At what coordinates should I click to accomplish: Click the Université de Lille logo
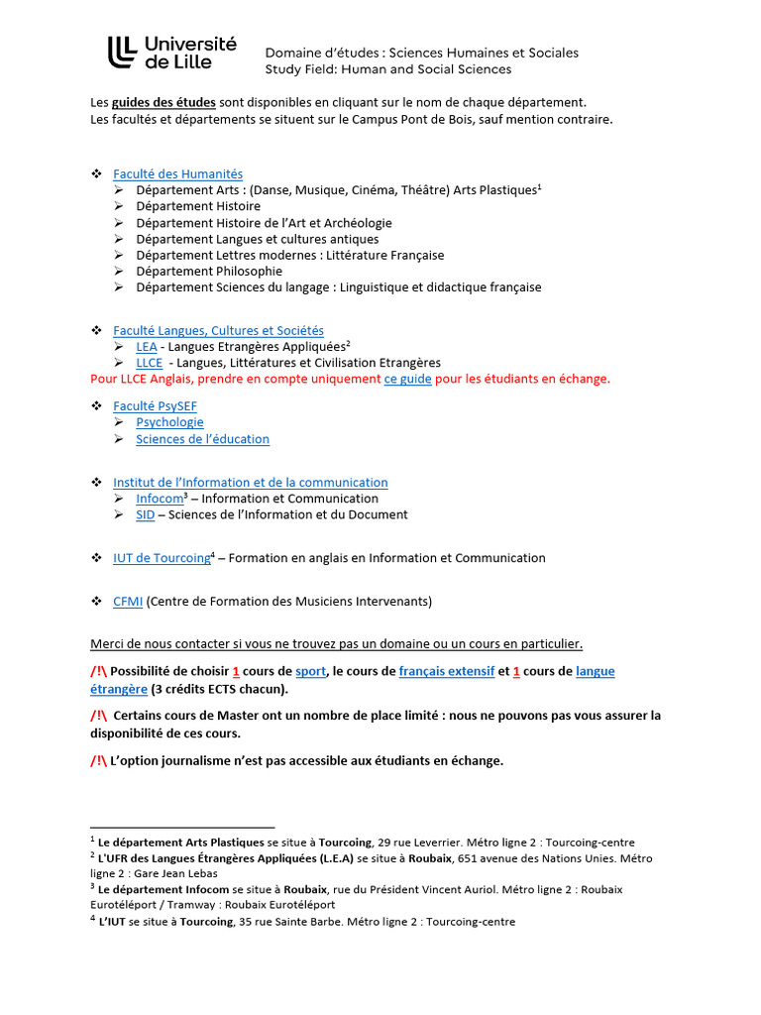pyautogui.click(x=172, y=52)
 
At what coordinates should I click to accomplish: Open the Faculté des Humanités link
pyautogui.click(x=177, y=173)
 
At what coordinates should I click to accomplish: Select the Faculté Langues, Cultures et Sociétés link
pyautogui.click(x=218, y=330)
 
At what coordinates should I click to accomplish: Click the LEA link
pyautogui.click(x=147, y=346)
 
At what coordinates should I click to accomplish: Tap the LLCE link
pyautogui.click(x=149, y=363)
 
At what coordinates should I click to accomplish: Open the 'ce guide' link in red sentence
pyautogui.click(x=407, y=379)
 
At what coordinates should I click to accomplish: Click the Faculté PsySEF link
pyautogui.click(x=155, y=406)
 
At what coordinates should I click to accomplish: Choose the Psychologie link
pyautogui.click(x=169, y=422)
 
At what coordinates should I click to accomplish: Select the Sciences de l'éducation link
pyautogui.click(x=202, y=439)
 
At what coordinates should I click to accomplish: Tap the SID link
pyautogui.click(x=146, y=514)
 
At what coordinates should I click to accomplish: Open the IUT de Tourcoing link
pyautogui.click(x=161, y=558)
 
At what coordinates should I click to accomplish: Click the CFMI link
pyautogui.click(x=128, y=601)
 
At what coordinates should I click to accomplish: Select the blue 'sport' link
pyautogui.click(x=310, y=671)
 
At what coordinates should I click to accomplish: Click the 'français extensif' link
pyautogui.click(x=446, y=671)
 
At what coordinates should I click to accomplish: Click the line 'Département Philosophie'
pyautogui.click(x=209, y=271)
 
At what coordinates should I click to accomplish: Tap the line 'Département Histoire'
pyautogui.click(x=198, y=206)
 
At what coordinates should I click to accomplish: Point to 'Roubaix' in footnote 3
pyautogui.click(x=305, y=889)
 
